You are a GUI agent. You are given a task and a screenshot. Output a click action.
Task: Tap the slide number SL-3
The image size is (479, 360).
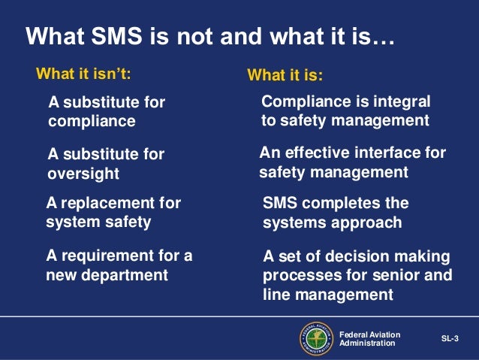(449, 338)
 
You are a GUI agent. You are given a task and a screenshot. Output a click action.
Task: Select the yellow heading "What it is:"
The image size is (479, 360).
(285, 76)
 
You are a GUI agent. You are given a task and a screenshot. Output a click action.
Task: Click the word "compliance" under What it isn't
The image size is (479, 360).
(92, 120)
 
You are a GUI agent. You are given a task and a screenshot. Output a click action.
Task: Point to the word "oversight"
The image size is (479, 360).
(83, 174)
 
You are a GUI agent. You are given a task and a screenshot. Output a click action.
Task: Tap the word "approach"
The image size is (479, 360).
(367, 223)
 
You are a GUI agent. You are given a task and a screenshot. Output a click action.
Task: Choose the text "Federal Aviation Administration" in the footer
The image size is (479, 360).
(369, 338)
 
